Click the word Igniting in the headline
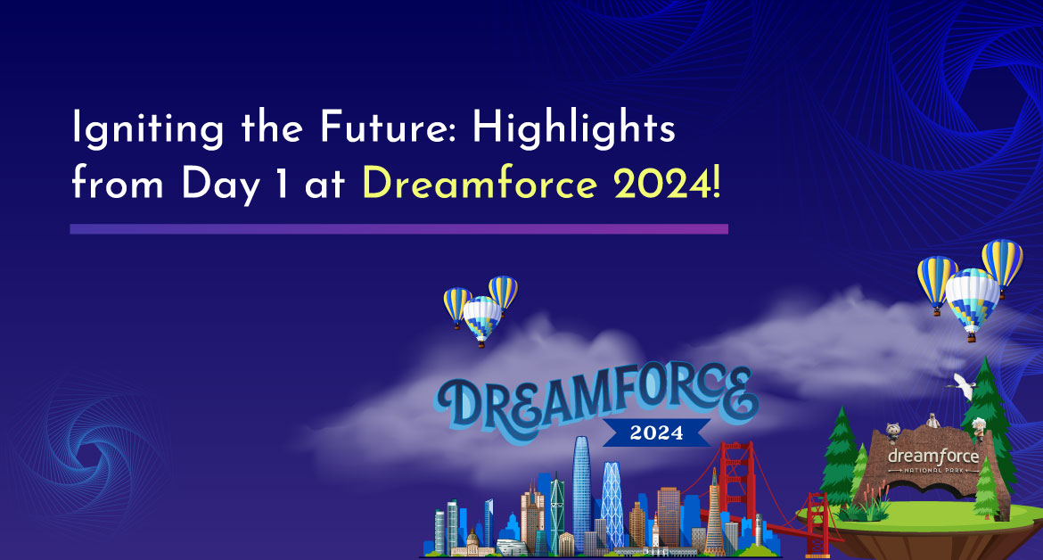click(x=148, y=127)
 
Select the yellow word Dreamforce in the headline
click(x=479, y=183)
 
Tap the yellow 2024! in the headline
click(x=667, y=183)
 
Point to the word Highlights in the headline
click(x=573, y=127)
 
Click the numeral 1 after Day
click(x=282, y=184)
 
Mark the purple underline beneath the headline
click(x=399, y=229)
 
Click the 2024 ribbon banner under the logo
click(x=656, y=432)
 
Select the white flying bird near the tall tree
click(x=963, y=386)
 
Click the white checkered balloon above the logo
click(x=482, y=320)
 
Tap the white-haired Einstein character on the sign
click(x=978, y=429)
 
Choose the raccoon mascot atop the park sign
click(x=893, y=433)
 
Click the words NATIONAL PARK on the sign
click(x=933, y=470)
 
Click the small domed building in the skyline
click(x=472, y=541)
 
